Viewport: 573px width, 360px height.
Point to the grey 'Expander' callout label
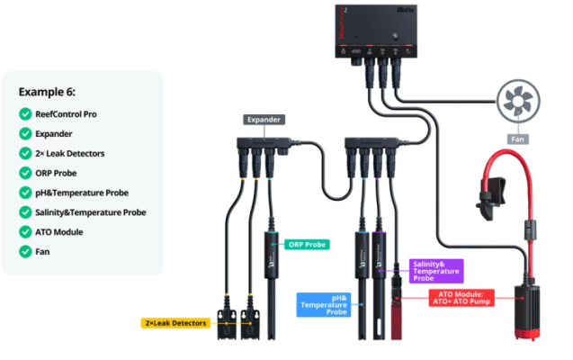[x=264, y=119]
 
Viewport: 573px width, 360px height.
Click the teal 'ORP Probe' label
[x=307, y=244]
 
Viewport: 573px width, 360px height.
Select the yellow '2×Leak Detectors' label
[x=175, y=322]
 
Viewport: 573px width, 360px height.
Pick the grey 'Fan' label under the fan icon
[x=519, y=139]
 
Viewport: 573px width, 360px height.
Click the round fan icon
[x=519, y=98]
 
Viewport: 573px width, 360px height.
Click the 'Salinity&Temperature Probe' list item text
[x=89, y=212]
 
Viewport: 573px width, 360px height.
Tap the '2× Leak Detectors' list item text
[x=76, y=153]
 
